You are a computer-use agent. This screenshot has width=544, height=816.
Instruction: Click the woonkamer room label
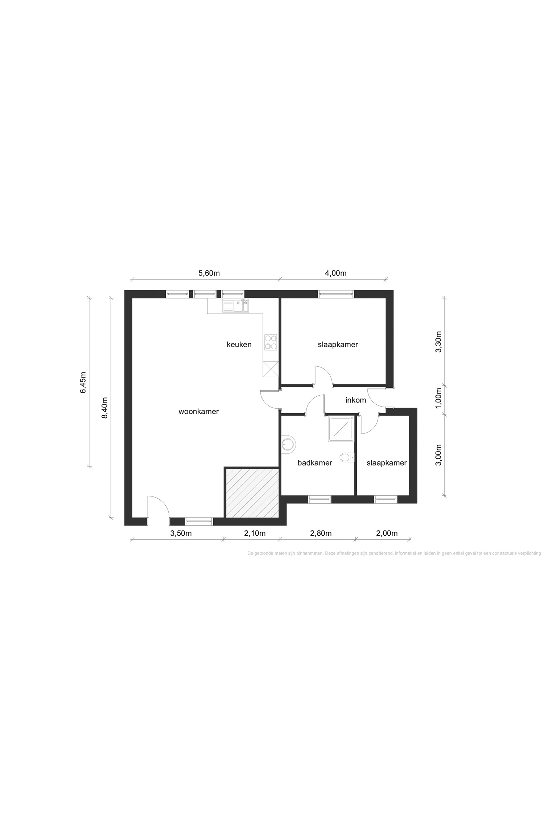pos(198,412)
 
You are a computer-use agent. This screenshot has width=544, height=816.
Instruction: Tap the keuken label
pos(239,345)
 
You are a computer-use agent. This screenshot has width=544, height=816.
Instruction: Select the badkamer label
pos(315,463)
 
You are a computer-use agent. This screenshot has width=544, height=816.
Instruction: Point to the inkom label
pos(355,400)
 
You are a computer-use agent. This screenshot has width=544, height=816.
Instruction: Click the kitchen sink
pos(236,306)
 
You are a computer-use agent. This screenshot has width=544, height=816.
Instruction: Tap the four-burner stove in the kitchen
pos(271,342)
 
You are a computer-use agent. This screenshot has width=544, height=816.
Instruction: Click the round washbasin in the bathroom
pos(289,444)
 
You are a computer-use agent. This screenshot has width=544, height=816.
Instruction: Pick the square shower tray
pos(341,429)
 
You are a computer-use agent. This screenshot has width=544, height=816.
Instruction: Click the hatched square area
pos(252,493)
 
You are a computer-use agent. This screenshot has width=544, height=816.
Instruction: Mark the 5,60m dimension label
pos(209,273)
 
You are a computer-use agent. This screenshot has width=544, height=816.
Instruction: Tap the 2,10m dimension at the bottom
pos(255,533)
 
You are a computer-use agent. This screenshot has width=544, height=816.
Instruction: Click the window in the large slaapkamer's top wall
pos(336,294)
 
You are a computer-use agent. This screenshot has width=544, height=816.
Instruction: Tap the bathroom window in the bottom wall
pos(320,499)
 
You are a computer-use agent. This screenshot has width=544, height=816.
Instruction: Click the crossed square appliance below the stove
pos(271,369)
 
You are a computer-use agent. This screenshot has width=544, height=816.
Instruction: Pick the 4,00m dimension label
pos(335,273)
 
